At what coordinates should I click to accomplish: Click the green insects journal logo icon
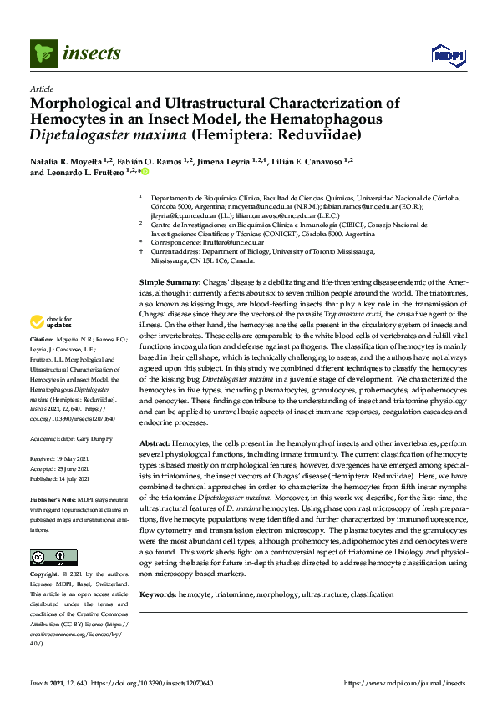(x=43, y=54)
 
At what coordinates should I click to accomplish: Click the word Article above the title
(x=41, y=89)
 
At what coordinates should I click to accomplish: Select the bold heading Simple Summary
(x=170, y=284)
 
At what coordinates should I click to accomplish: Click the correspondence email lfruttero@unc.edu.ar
(x=229, y=241)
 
